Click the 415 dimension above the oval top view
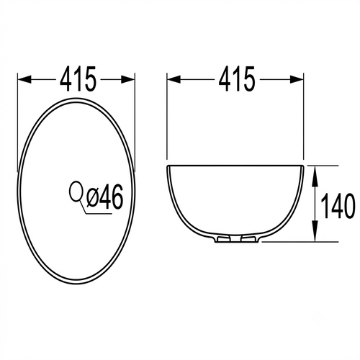[x=78, y=78]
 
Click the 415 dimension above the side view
[x=236, y=78]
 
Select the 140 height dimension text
[x=338, y=206]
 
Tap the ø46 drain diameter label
[x=105, y=197]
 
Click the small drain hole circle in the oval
[x=76, y=191]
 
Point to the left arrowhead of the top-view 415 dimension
[x=24, y=79]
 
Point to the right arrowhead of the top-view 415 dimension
[x=128, y=79]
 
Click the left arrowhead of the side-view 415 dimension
[x=174, y=79]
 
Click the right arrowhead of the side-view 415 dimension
[x=297, y=79]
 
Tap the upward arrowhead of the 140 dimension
[x=315, y=173]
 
